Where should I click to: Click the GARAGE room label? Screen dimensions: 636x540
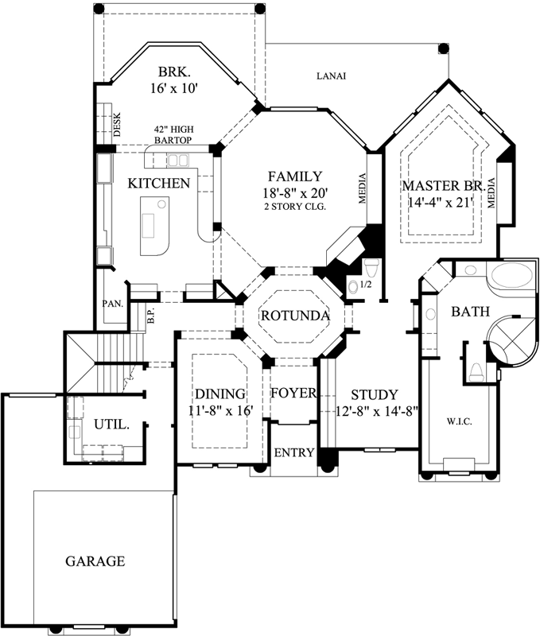[95, 561]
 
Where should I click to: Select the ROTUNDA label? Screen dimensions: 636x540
[294, 316]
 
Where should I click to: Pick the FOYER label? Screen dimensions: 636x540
[293, 394]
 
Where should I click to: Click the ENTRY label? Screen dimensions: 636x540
[293, 452]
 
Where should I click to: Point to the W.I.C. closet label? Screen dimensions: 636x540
[460, 421]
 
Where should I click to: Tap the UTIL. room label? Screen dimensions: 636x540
[112, 425]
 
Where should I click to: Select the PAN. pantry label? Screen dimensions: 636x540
[111, 304]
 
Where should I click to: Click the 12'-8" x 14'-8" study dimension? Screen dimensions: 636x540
[373, 412]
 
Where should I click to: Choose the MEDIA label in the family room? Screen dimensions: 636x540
[363, 188]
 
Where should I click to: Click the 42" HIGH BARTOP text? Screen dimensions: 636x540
[175, 135]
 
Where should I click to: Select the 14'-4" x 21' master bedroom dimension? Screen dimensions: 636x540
[442, 202]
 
